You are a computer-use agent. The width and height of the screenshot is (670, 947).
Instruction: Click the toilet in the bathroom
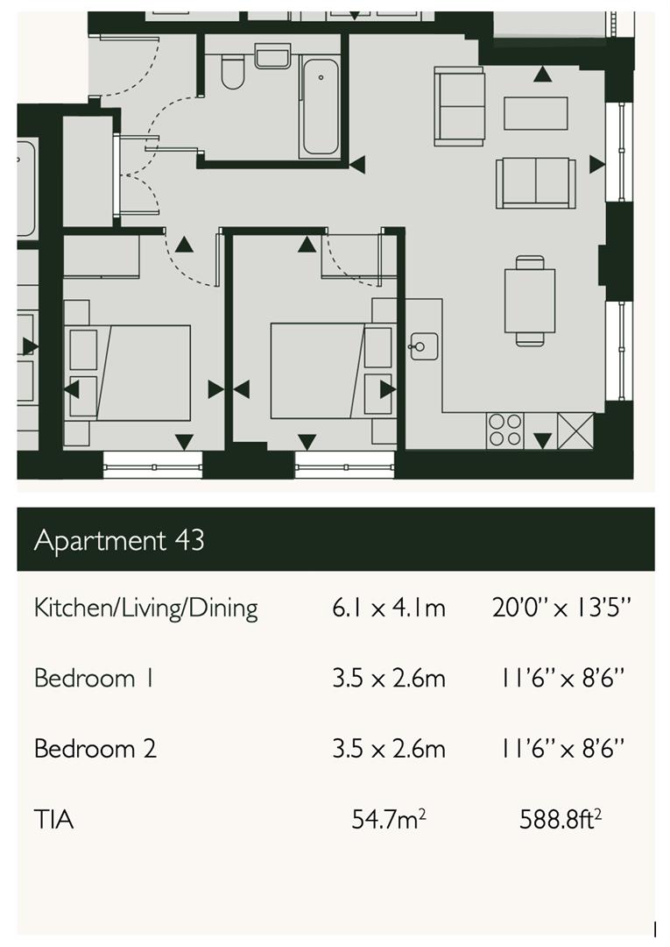[x=232, y=72]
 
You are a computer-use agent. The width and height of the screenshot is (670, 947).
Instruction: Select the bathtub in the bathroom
[x=321, y=107]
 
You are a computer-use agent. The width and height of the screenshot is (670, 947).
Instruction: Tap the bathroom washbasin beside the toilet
[x=272, y=56]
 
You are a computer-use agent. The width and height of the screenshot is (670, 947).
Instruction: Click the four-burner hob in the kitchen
[x=504, y=430]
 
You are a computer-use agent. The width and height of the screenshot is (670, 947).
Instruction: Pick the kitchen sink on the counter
[x=424, y=346]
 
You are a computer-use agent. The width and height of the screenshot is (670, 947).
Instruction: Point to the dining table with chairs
[x=530, y=301]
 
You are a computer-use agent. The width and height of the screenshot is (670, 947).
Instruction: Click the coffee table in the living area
[x=535, y=113]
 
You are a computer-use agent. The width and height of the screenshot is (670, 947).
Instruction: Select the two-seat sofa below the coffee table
[x=535, y=183]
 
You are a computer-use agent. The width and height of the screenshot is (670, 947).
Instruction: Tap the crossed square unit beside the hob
[x=575, y=431]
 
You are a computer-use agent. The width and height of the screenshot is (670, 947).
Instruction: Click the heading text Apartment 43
[x=119, y=540]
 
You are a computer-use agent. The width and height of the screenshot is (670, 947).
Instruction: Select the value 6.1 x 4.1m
[x=388, y=608]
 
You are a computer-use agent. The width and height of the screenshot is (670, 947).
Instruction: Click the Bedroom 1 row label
[x=94, y=678]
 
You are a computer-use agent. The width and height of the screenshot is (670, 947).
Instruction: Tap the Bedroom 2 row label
[x=95, y=749]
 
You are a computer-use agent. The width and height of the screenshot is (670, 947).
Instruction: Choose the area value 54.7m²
[x=389, y=819]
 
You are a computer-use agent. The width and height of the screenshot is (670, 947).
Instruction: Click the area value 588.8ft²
[x=561, y=819]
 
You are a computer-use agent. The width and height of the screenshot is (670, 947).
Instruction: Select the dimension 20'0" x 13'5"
[x=561, y=607]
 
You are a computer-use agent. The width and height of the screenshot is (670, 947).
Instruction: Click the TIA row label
[x=54, y=820]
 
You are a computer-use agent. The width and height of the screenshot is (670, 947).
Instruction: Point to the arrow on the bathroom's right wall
[x=357, y=164]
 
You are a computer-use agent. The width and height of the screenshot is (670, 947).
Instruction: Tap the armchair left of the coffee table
[x=460, y=106]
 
